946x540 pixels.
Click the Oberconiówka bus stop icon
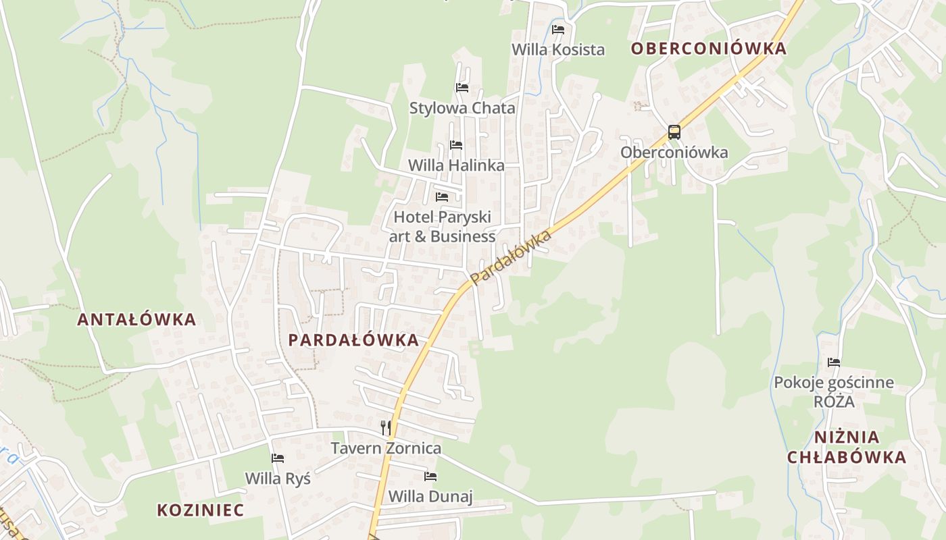pyautogui.click(x=674, y=132)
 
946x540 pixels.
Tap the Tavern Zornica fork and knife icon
pyautogui.click(x=385, y=427)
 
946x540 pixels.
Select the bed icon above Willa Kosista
pyautogui.click(x=558, y=30)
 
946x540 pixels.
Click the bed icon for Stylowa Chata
pyautogui.click(x=462, y=88)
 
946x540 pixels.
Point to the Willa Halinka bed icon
pyautogui.click(x=456, y=145)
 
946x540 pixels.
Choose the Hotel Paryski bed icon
pyautogui.click(x=442, y=197)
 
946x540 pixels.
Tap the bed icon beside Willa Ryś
pyautogui.click(x=278, y=458)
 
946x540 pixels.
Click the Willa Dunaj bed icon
pyautogui.click(x=430, y=477)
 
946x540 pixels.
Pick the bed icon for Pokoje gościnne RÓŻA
pyautogui.click(x=834, y=362)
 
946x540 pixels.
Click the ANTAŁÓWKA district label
pyautogui.click(x=136, y=319)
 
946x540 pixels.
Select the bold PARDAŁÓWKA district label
pyautogui.click(x=353, y=340)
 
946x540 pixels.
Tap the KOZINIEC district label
pyautogui.click(x=200, y=510)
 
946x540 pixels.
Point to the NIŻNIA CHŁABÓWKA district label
pyautogui.click(x=847, y=447)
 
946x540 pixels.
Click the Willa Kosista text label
pyautogui.click(x=558, y=49)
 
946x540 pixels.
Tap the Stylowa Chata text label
pyautogui.click(x=462, y=108)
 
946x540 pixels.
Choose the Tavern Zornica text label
pyautogui.click(x=386, y=448)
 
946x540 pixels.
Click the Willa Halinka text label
pyautogui.click(x=456, y=165)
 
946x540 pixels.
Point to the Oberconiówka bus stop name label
pyautogui.click(x=674, y=153)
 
